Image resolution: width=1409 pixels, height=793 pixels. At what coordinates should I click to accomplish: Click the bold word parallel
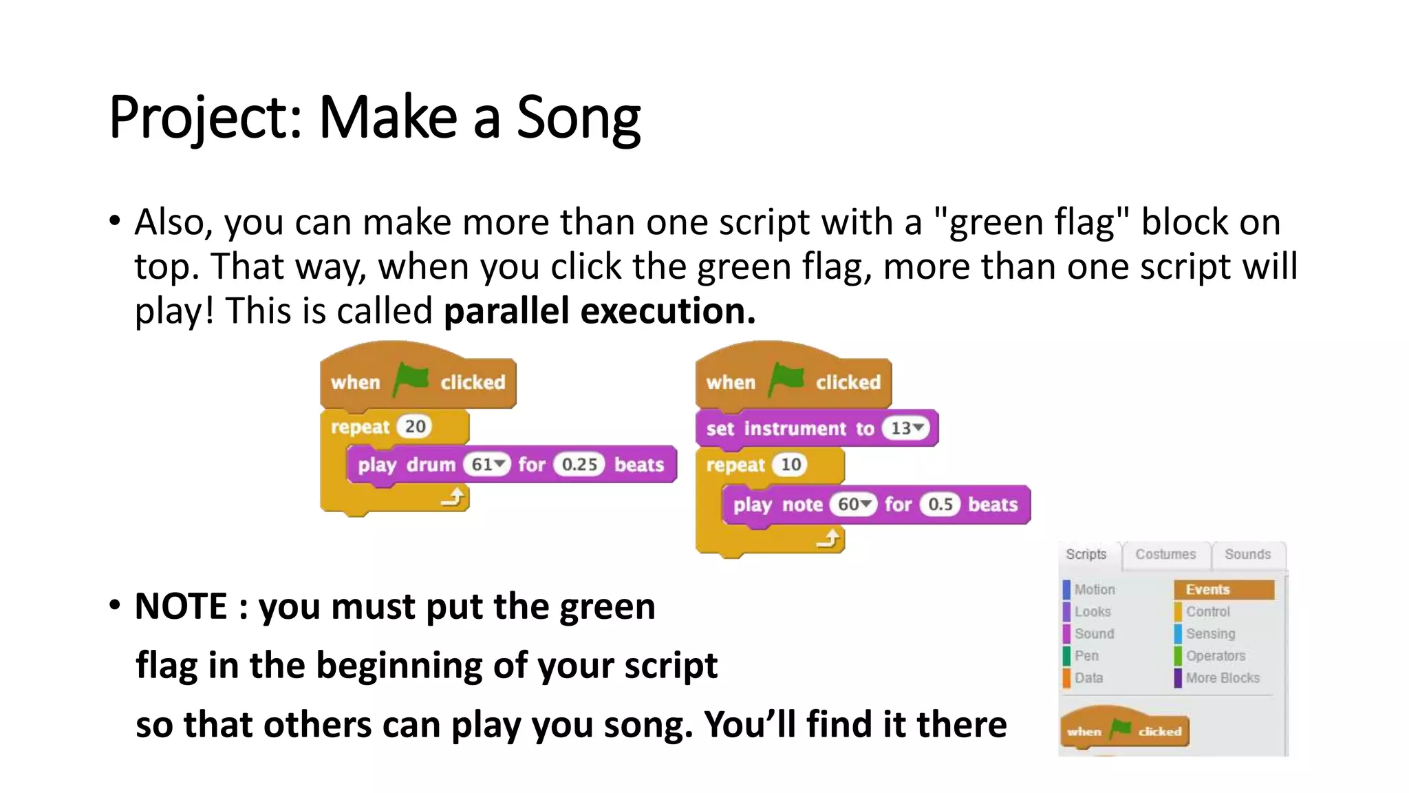coord(506,311)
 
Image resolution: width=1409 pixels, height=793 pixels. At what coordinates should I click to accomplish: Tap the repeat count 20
coord(415,427)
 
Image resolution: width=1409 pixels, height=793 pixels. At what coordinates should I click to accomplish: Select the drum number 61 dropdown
coord(488,465)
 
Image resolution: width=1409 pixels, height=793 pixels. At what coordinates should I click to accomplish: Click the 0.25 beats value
coord(579,465)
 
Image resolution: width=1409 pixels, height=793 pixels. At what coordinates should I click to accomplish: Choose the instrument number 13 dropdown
coord(906,428)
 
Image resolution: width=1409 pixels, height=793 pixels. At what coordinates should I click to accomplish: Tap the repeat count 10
coord(790,465)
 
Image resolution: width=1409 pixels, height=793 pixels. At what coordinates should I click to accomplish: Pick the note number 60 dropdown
coord(854,505)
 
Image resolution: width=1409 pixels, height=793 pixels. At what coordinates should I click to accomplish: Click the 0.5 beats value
coord(940,505)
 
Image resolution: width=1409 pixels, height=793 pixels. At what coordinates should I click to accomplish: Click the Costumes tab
coord(1165,554)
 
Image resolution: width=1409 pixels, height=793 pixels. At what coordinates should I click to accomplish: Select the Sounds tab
coord(1247,554)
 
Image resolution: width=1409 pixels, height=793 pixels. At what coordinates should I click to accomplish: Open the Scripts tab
coord(1086,554)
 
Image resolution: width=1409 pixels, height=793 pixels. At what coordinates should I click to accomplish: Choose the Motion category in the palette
coord(1094,589)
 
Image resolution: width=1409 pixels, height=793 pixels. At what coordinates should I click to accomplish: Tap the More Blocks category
coord(1223,678)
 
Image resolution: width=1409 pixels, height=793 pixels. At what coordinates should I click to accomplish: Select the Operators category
coord(1215,656)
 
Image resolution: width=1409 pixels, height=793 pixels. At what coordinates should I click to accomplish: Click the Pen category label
coord(1086,656)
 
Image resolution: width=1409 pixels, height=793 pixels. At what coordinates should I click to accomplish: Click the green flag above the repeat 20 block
coord(411,379)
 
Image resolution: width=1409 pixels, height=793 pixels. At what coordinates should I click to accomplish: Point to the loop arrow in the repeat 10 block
coord(829,538)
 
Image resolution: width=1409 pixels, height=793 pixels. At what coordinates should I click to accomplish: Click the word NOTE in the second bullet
coord(181,606)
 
